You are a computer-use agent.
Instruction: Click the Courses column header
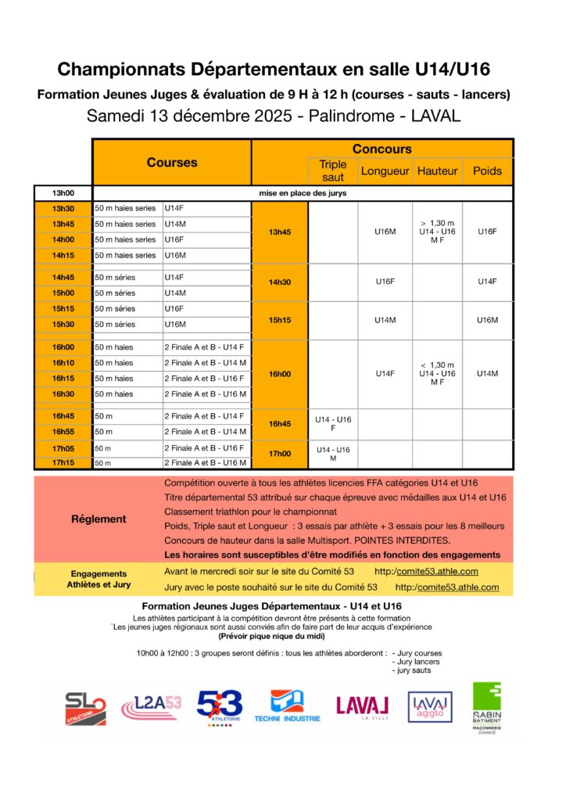tap(172, 163)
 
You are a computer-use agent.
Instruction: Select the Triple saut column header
tap(333, 171)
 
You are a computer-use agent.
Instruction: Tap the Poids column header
tap(488, 171)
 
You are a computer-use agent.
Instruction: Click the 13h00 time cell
tap(63, 192)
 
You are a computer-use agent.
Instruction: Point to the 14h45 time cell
tap(63, 277)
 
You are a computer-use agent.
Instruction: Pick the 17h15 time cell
tap(63, 462)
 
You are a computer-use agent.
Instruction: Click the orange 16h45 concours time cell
tap(280, 424)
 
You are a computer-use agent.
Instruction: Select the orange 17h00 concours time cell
tap(280, 454)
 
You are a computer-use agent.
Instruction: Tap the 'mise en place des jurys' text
tap(303, 192)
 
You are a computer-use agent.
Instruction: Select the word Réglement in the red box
tap(99, 519)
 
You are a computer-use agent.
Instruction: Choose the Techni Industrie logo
tap(286, 706)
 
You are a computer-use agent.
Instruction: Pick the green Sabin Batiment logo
tap(486, 706)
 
